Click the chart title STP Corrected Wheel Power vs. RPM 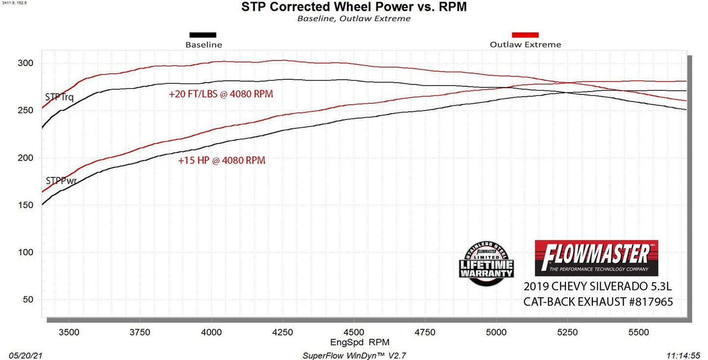(354, 7)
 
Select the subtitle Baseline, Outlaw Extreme (354, 19)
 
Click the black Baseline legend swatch (203, 35)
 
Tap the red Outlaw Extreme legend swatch (525, 35)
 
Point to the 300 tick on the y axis (25, 63)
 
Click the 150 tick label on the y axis (25, 205)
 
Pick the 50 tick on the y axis (27, 300)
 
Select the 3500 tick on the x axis (69, 332)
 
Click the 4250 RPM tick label (283, 332)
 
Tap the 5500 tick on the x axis (638, 332)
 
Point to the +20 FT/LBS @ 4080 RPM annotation (220, 94)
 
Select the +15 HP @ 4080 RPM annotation (221, 160)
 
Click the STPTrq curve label (59, 97)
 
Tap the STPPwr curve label (61, 181)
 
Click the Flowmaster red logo (596, 258)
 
